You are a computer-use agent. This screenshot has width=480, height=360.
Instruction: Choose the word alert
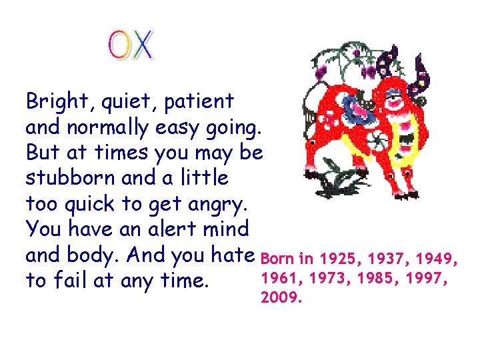click(161, 229)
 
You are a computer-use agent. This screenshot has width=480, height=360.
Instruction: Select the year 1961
click(278, 277)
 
